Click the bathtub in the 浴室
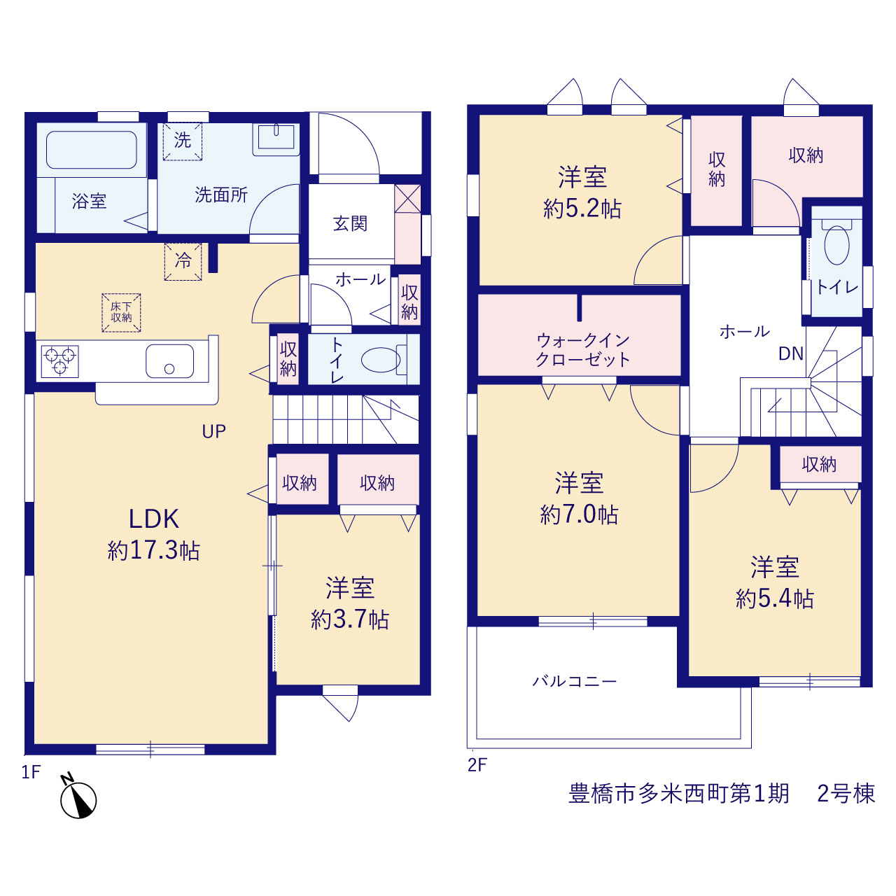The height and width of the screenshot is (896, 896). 92,150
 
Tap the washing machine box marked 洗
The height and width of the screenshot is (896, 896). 182,141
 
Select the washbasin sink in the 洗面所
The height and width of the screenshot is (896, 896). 276,139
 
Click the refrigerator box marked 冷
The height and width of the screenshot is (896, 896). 183,261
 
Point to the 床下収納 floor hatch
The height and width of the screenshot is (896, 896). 121,312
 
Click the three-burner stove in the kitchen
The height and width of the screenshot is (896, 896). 60,360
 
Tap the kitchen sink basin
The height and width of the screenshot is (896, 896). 169,360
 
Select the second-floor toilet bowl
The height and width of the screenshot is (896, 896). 836,246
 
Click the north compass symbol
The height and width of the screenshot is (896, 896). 78,798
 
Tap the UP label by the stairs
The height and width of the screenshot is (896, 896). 214,431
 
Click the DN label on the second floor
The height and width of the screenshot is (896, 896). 791,353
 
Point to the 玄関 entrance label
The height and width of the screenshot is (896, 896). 350,224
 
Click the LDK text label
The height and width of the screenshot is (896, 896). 154,519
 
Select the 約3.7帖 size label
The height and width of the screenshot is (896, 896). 350,619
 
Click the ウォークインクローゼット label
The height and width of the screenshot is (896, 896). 583,350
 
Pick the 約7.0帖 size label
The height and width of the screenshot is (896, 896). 580,514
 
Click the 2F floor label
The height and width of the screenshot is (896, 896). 477,765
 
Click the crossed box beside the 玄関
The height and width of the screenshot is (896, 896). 408,199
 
